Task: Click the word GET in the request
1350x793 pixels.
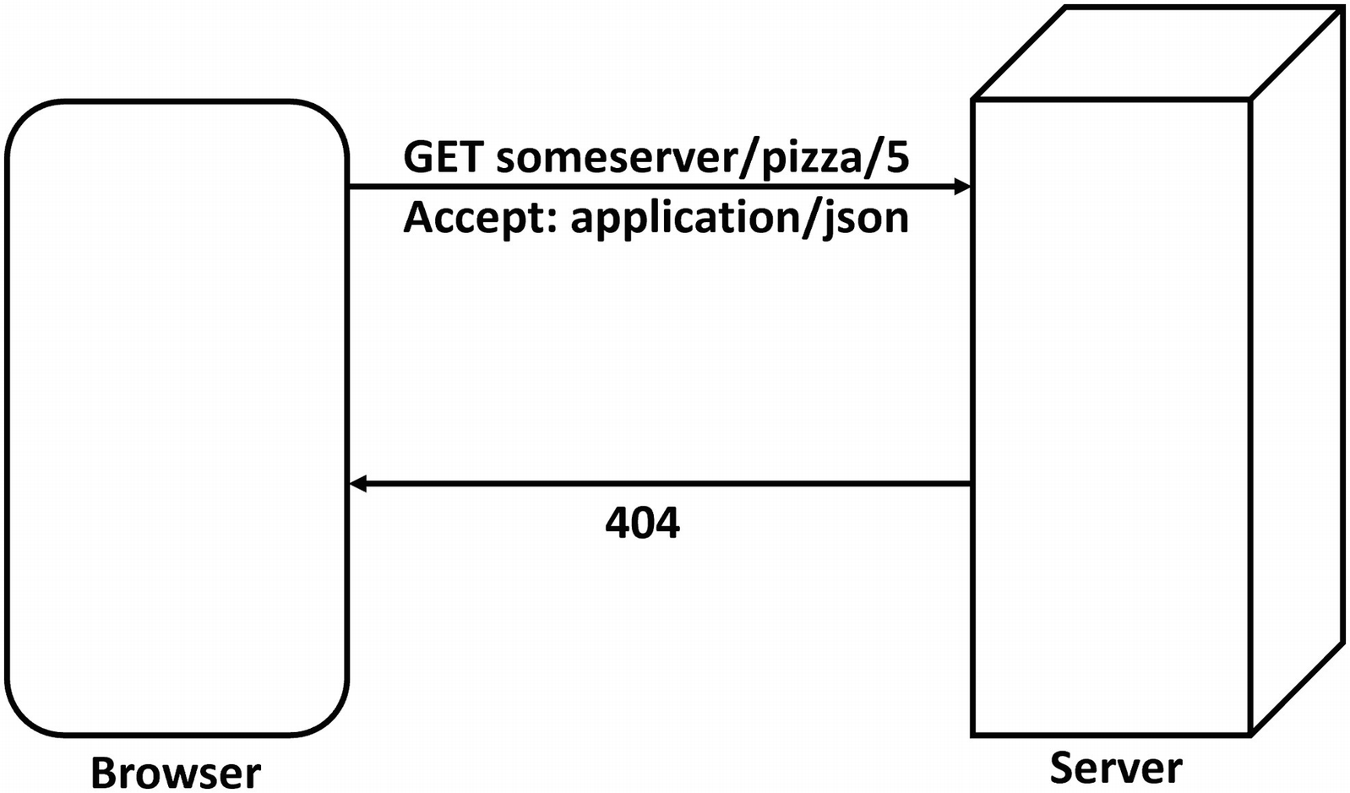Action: click(x=444, y=157)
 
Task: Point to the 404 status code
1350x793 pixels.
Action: click(x=642, y=523)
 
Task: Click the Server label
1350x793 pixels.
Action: click(x=1115, y=767)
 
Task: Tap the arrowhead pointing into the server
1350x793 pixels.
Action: click(x=961, y=187)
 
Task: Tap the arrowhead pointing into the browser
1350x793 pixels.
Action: click(x=358, y=484)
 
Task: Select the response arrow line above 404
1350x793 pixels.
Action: click(x=659, y=484)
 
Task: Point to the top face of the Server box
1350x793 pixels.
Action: click(x=1157, y=53)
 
